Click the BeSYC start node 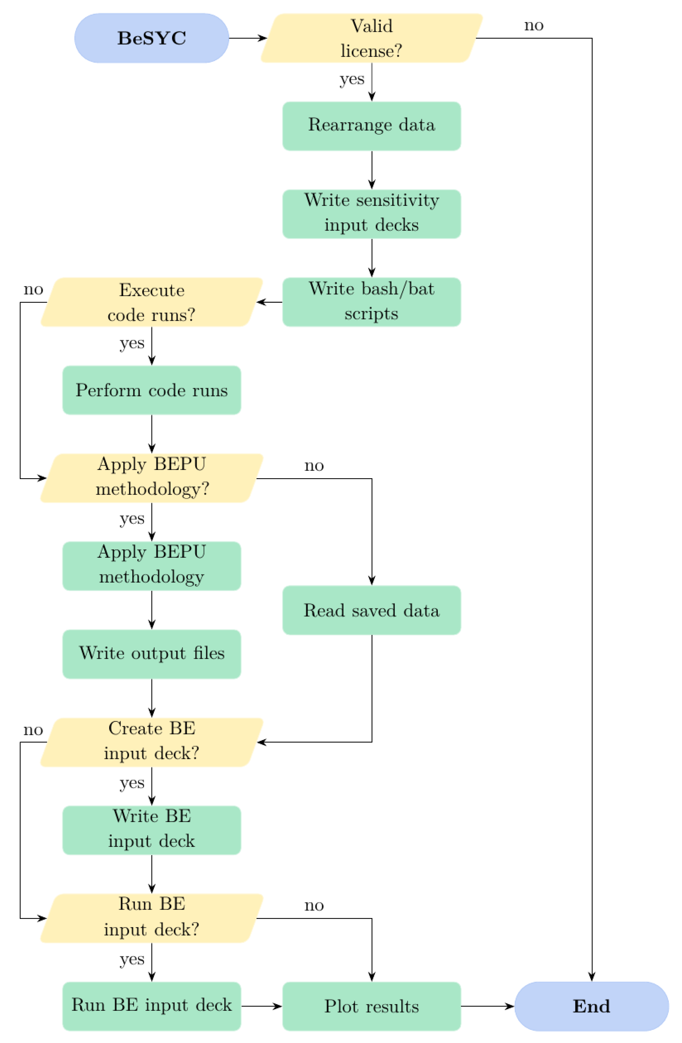click(x=152, y=38)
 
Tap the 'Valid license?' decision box click(x=372, y=38)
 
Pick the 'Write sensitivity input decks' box click(x=372, y=214)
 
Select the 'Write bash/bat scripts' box click(x=372, y=302)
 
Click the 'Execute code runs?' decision click(x=152, y=302)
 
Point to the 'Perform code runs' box click(x=152, y=390)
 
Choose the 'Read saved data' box click(x=372, y=610)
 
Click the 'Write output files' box click(x=152, y=654)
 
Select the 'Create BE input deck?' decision click(x=152, y=742)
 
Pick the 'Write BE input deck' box click(x=152, y=830)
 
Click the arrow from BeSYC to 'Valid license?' click(x=248, y=38)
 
